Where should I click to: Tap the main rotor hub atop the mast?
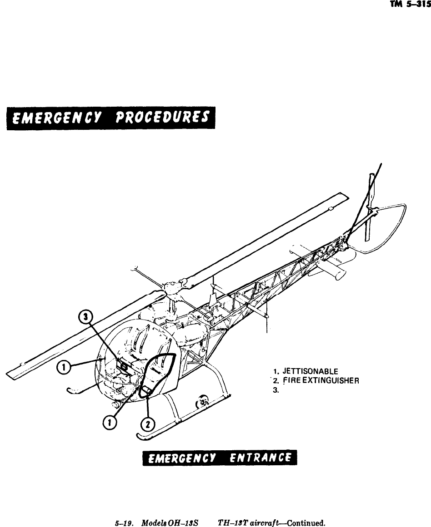173,287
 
